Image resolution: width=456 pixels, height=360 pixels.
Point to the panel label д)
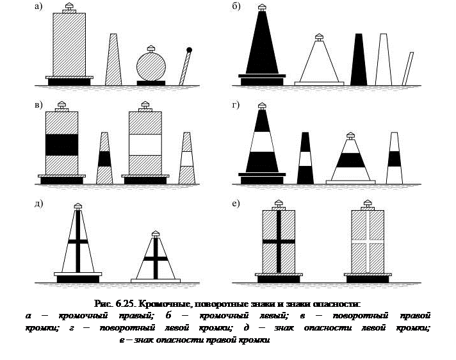pyautogui.click(x=39, y=204)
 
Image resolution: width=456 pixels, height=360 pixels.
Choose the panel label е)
pyautogui.click(x=236, y=204)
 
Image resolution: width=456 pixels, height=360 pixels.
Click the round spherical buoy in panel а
pyautogui.click(x=152, y=66)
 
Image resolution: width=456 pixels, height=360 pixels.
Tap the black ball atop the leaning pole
pyautogui.click(x=190, y=50)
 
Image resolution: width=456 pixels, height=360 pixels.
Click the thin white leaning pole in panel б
pyautogui.click(x=407, y=68)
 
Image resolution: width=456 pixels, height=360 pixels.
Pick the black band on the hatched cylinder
pyautogui.click(x=61, y=144)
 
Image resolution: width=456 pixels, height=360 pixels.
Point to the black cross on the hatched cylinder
pyautogui.click(x=278, y=241)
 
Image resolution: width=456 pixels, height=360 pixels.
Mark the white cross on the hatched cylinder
pyautogui.click(x=367, y=241)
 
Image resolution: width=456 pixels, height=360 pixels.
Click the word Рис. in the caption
pyautogui.click(x=103, y=303)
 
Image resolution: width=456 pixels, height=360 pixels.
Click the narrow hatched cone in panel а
pyautogui.click(x=113, y=61)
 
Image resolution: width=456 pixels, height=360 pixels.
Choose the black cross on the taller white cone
pyautogui.click(x=77, y=241)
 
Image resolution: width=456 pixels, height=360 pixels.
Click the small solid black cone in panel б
pyautogui.click(x=359, y=61)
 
